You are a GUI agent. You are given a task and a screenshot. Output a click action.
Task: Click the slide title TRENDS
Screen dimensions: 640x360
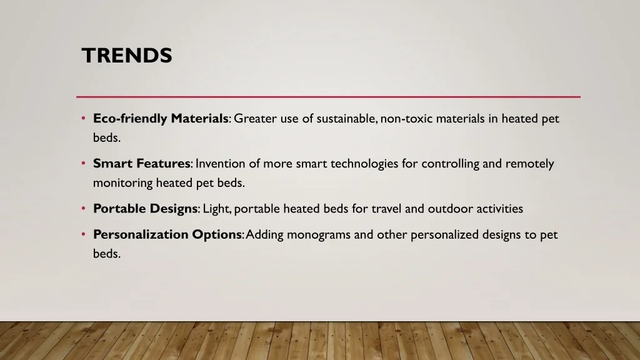tap(127, 56)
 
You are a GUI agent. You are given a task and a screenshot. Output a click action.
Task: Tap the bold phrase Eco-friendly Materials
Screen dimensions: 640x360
tap(161, 119)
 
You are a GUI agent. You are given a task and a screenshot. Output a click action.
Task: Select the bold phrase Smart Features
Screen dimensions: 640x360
tap(142, 163)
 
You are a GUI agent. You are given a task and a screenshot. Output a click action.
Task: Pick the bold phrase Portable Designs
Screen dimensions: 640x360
tap(145, 209)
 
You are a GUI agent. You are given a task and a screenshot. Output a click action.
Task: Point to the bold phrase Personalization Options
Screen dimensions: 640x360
tap(167, 235)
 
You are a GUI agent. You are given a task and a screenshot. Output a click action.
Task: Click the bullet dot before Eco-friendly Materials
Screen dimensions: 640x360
tap(83, 118)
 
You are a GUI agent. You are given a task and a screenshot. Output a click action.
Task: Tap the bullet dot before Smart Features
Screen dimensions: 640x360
tap(83, 163)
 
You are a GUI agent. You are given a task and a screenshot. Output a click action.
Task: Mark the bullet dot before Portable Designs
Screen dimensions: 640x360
tap(83, 209)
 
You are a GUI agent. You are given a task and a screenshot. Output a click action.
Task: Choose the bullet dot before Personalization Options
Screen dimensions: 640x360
tap(83, 234)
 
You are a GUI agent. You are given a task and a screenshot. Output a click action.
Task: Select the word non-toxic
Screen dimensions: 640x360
tap(406, 119)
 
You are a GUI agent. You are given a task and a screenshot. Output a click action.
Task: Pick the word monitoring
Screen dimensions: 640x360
tap(123, 183)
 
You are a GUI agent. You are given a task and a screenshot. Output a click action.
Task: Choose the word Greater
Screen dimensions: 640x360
tap(255, 119)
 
